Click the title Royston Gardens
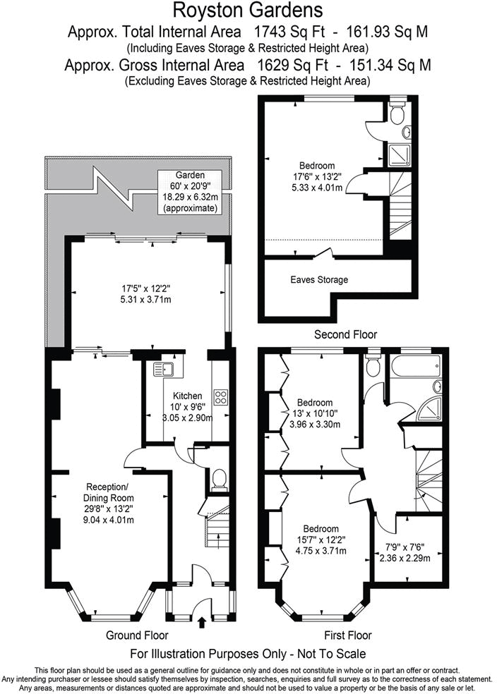[x=248, y=10]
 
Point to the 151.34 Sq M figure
[x=396, y=65]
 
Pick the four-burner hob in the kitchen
[x=220, y=397]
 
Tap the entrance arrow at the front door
[x=203, y=621]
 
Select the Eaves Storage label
[x=319, y=280]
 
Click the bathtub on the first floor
[x=416, y=367]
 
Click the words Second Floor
[x=345, y=334]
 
